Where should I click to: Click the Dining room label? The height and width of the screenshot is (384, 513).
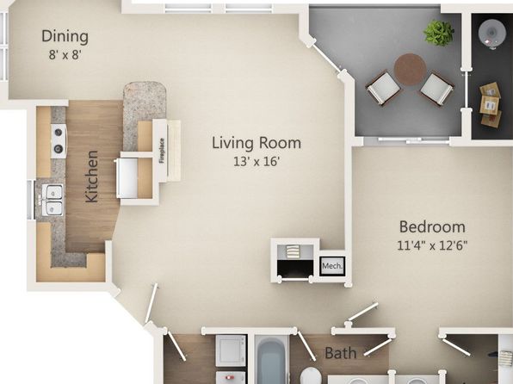click(65, 36)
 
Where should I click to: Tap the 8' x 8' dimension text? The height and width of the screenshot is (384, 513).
click(65, 54)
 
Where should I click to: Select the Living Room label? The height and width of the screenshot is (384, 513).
click(256, 143)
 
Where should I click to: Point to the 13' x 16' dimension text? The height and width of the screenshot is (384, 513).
click(256, 161)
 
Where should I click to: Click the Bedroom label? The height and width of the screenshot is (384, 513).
click(432, 226)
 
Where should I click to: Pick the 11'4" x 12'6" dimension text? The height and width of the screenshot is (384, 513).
click(432, 245)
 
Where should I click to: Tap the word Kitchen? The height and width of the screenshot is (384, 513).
click(91, 177)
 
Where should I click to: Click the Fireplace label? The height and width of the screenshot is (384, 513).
click(162, 151)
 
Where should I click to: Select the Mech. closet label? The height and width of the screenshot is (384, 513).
click(332, 266)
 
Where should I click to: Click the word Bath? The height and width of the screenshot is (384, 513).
click(340, 353)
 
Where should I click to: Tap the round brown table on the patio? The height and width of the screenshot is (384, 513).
click(411, 70)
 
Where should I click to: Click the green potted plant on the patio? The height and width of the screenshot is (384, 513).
click(439, 33)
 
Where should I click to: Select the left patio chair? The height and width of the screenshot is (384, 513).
click(383, 88)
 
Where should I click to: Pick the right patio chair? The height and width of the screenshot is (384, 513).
click(436, 89)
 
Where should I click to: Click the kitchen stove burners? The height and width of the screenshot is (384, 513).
click(59, 140)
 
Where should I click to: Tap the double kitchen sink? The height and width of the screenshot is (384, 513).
click(53, 200)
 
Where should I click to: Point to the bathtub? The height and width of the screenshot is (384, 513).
click(271, 359)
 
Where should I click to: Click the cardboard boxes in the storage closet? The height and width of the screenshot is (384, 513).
click(491, 105)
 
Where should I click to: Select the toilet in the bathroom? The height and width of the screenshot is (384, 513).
click(310, 375)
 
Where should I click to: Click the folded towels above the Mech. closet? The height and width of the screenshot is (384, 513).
click(293, 251)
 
